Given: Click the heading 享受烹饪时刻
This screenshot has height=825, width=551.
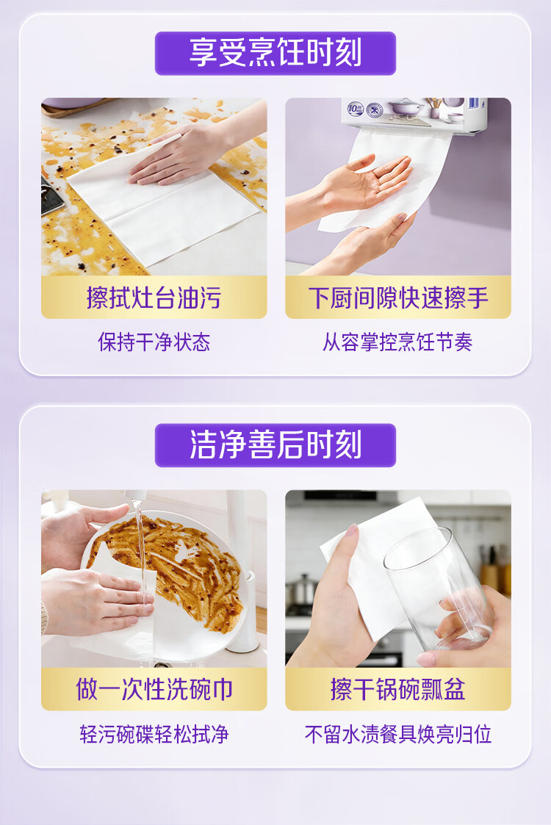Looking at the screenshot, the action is point(275,53).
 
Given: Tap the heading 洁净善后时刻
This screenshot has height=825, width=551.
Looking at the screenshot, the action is point(275,445).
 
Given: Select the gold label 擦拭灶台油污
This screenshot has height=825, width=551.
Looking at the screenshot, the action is point(154,298).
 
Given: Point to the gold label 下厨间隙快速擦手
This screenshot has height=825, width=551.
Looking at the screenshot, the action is point(398,298).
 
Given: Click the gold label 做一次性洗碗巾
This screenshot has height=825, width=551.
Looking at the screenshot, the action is point(154,689).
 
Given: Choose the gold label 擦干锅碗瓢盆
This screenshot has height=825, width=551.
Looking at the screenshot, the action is point(398,689).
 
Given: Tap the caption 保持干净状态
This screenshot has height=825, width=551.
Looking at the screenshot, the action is point(154,342).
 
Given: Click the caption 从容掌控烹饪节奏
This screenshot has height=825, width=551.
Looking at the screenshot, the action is point(398,342).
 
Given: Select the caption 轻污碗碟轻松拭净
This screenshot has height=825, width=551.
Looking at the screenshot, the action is point(154,734).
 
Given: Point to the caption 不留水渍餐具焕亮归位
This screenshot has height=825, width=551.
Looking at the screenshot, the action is point(398,734).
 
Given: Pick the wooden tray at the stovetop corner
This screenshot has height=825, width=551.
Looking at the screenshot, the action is point(79,105).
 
